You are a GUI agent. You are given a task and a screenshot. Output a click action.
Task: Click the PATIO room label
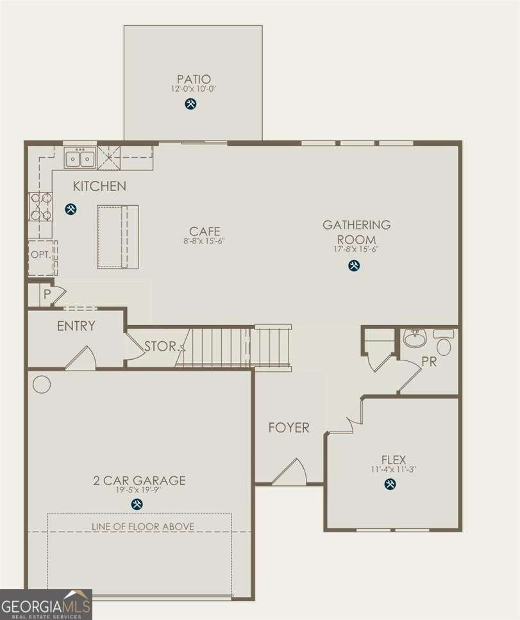pyautogui.click(x=192, y=79)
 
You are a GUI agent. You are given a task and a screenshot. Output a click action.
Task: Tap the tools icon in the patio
pyautogui.click(x=190, y=103)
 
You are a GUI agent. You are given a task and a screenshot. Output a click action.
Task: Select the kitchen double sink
pyautogui.click(x=80, y=157)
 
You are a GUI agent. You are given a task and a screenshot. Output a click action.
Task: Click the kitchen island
pyautogui.click(x=117, y=237)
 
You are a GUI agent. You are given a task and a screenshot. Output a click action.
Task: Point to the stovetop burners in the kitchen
pyautogui.click(x=40, y=206)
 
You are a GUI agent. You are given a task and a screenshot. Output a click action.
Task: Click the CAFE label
pyautogui.click(x=205, y=231)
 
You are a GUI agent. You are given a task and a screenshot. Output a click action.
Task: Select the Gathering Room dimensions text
pyautogui.click(x=356, y=249)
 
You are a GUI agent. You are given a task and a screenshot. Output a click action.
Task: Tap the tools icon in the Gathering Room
pyautogui.click(x=353, y=265)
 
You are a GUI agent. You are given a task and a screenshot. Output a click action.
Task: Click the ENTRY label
pyautogui.click(x=76, y=326)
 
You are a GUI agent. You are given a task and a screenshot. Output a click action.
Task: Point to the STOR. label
pyautogui.click(x=161, y=346)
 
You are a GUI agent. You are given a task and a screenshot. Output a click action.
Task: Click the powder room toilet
pyautogui.click(x=444, y=342)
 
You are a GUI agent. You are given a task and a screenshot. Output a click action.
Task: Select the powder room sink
pyautogui.click(x=415, y=339)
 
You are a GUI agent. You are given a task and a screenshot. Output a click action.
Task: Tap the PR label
pyautogui.click(x=429, y=362)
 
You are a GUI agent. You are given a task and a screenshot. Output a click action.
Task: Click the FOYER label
pyautogui.click(x=289, y=428)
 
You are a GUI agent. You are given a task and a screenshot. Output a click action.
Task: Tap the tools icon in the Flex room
pyautogui.click(x=390, y=484)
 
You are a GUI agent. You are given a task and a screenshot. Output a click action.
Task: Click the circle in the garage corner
pyautogui.click(x=42, y=384)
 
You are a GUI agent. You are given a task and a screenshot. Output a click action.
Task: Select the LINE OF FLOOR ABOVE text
pyautogui.click(x=142, y=526)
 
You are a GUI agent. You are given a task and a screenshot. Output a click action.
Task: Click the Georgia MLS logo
pyautogui.click(x=46, y=604)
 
